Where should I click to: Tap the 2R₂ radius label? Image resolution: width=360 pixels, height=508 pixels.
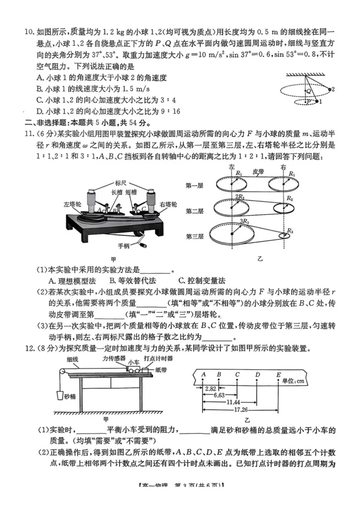point(240,196)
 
